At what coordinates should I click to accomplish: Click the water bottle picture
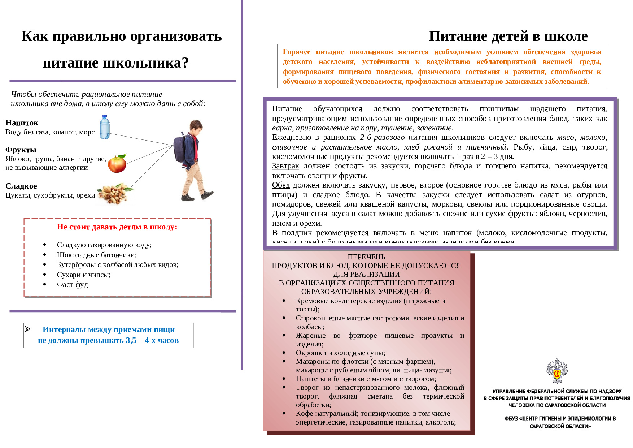[x=105, y=127]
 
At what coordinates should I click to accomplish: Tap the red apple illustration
[x=117, y=164]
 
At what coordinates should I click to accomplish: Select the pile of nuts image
[x=114, y=194]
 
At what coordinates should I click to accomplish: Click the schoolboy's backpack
[x=180, y=148]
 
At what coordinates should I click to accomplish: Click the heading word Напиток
[x=22, y=123]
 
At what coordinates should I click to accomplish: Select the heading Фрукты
[x=21, y=150]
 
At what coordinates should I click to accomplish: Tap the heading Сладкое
[x=21, y=186]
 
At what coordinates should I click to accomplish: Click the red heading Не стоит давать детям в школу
[x=117, y=227]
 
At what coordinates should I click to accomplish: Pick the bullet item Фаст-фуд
[x=72, y=284]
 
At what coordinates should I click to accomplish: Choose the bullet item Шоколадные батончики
[x=96, y=255]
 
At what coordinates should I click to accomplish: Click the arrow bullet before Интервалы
[x=28, y=329]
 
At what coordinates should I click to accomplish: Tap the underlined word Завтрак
[x=285, y=166]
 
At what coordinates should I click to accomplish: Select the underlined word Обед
[x=281, y=185]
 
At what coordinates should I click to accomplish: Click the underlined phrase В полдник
[x=292, y=233]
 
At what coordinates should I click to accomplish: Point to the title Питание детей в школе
[x=508, y=36]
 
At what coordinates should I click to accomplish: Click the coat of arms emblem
[x=557, y=371]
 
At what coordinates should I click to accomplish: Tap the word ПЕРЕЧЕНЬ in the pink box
[x=366, y=257]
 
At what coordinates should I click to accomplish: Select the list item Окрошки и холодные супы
[x=340, y=353]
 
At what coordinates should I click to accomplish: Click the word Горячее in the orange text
[x=296, y=52]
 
